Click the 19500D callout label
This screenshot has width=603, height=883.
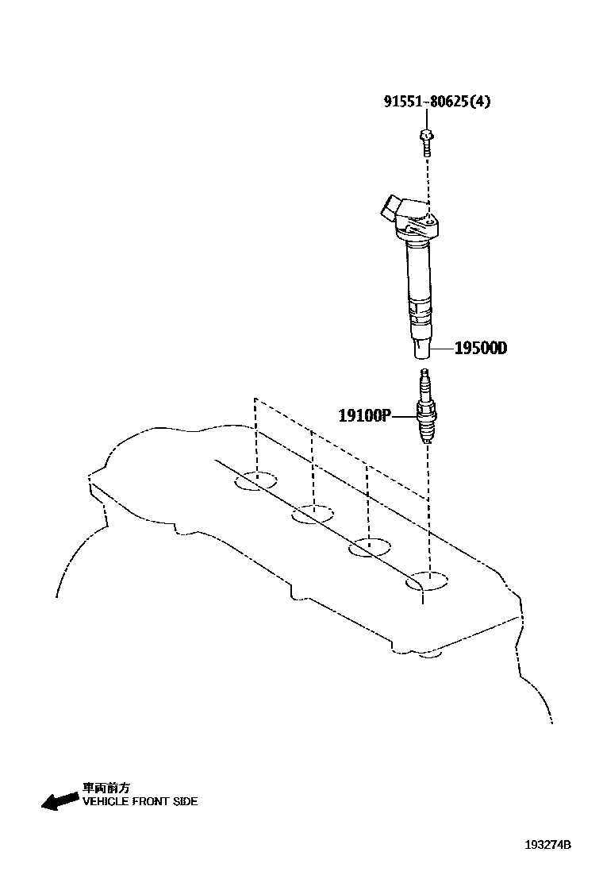click(x=480, y=348)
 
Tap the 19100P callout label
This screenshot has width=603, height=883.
click(x=365, y=415)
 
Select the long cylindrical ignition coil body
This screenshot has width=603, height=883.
click(x=419, y=286)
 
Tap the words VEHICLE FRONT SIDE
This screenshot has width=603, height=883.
click(x=140, y=801)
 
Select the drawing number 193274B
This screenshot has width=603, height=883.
click(x=547, y=845)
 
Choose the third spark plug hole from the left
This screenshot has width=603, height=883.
click(x=370, y=546)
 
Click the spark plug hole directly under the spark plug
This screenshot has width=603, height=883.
click(x=427, y=581)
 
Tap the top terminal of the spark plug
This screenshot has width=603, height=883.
click(x=426, y=373)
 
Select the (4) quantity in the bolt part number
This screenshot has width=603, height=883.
click(x=482, y=102)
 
